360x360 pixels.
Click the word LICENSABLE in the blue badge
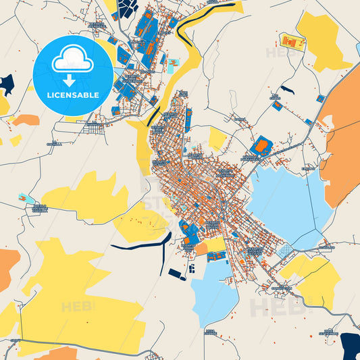click(72, 95)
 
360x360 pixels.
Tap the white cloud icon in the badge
click(72, 59)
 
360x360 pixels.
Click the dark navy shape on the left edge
click(6, 84)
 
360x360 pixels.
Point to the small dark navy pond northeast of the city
click(287, 90)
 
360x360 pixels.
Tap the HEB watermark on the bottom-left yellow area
click(76, 307)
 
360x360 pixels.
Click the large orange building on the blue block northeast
click(261, 145)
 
